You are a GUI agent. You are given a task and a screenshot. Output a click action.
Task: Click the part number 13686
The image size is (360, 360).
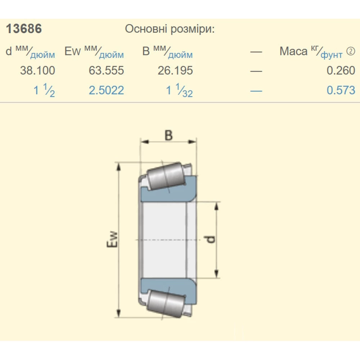[x=24, y=29]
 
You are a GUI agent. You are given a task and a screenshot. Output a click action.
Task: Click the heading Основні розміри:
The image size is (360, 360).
[x=170, y=29]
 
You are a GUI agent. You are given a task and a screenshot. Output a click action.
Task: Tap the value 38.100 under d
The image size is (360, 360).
[x=38, y=70]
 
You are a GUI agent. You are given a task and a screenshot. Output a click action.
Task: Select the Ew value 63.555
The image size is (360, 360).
[x=106, y=70]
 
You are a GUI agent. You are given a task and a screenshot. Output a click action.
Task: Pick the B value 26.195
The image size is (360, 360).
[x=175, y=70]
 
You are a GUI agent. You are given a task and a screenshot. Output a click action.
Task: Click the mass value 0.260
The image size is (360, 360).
[x=341, y=70]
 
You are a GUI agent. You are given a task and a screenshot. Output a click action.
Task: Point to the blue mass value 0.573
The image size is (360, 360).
[x=341, y=90]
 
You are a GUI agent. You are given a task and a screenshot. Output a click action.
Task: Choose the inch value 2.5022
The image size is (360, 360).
[x=106, y=90]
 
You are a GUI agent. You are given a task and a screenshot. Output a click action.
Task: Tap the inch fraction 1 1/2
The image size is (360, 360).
[x=44, y=90]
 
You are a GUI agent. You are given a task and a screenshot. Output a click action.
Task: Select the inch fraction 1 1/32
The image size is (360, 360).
[x=179, y=90]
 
